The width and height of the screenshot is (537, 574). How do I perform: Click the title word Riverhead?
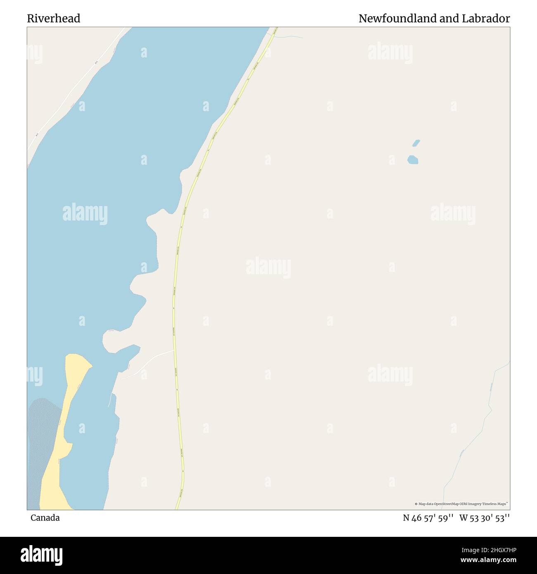click(x=54, y=19)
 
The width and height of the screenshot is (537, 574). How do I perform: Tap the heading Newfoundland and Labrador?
click(x=434, y=19)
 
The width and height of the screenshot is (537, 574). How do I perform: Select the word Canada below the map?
click(x=45, y=518)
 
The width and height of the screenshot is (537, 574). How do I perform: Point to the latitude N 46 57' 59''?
click(x=428, y=518)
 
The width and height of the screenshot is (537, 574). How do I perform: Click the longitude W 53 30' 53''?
click(x=484, y=518)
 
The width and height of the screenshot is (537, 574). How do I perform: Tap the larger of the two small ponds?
click(x=413, y=159)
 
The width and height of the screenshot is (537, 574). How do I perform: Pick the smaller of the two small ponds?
click(x=416, y=143)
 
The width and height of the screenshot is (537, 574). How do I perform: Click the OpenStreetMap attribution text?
click(x=461, y=504)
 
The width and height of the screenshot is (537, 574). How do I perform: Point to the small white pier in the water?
click(x=110, y=400)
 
